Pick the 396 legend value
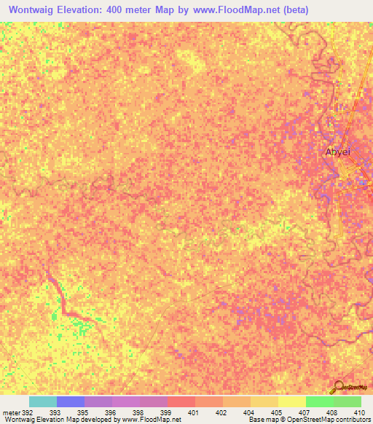tap(109, 412)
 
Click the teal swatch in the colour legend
tap(42, 401)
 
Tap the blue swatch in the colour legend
tap(70, 401)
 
